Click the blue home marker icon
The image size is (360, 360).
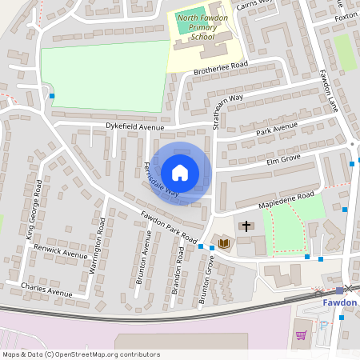(x=180, y=172)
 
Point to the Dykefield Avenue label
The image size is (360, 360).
(x=134, y=126)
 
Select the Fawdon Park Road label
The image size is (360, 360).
(x=169, y=227)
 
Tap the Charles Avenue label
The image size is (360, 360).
(x=46, y=284)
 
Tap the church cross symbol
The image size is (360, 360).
(x=246, y=226)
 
